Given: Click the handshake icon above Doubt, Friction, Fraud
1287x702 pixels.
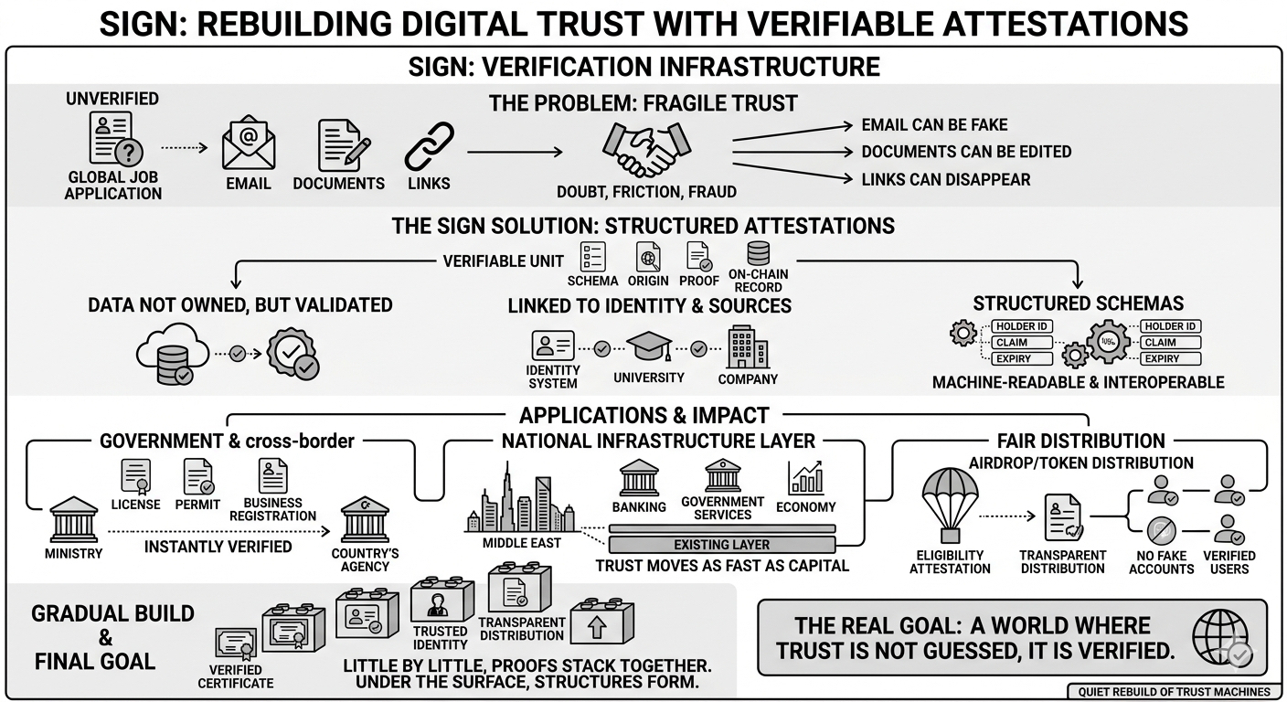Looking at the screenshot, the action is point(646,149).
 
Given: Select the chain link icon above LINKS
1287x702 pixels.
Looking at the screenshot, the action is point(429,146).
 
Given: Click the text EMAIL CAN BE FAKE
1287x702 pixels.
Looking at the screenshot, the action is point(934,125).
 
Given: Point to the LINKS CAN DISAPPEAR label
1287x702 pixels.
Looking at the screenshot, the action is point(945,179).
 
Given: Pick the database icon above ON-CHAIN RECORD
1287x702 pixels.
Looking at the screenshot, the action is point(758,253).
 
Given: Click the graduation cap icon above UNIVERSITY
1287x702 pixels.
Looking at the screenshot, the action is point(649,348).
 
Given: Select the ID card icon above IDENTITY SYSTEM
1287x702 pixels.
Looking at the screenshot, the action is point(552,346).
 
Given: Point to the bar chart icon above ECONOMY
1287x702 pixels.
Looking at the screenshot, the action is point(805,478).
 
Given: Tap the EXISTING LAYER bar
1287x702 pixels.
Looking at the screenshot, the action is point(722,545).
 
